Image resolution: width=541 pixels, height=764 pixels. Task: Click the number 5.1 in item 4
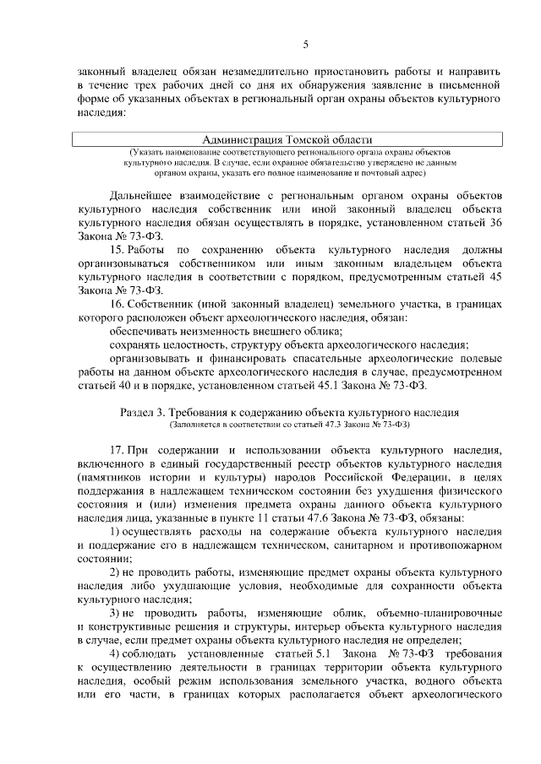[328, 653]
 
